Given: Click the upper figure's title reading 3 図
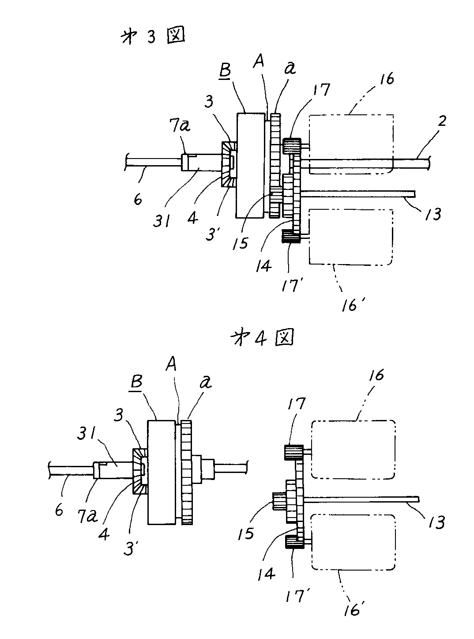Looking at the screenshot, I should coord(152,38).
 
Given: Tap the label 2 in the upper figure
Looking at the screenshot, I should coord(441,121).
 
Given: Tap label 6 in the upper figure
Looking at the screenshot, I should coord(138,199).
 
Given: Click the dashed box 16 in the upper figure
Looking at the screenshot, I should coord(350,144).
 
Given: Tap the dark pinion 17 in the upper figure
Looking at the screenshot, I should coord(291,145).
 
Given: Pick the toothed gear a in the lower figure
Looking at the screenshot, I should coord(187,473).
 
